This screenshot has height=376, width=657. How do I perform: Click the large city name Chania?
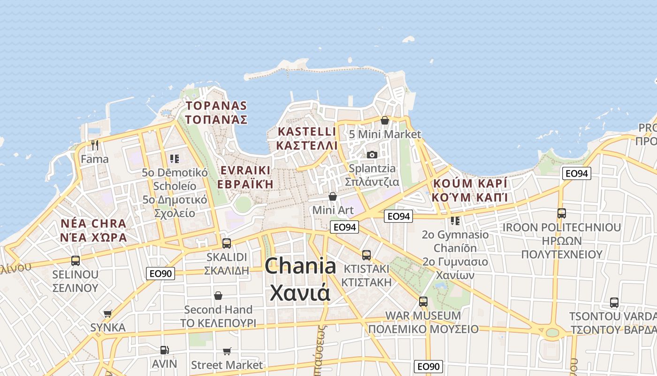pyautogui.click(x=300, y=266)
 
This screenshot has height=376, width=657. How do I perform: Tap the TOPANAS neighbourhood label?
pyautogui.click(x=216, y=112)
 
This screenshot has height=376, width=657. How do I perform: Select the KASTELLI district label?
pyautogui.click(x=306, y=138)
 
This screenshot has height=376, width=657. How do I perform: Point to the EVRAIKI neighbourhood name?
pyautogui.click(x=245, y=177)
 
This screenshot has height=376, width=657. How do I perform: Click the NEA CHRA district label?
pyautogui.click(x=93, y=230)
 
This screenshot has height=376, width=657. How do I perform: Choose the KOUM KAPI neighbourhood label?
pyautogui.click(x=470, y=190)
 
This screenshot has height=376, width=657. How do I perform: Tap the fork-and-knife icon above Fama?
pyautogui.click(x=95, y=145)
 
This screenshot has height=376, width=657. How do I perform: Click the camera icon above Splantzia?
pyautogui.click(x=372, y=155)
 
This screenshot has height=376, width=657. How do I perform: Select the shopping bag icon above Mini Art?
pyautogui.click(x=333, y=196)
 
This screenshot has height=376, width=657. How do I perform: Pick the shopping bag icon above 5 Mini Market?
pyautogui.click(x=385, y=121)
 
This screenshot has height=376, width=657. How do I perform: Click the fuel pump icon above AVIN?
pyautogui.click(x=164, y=350)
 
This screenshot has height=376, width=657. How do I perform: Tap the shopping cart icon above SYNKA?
pyautogui.click(x=108, y=313)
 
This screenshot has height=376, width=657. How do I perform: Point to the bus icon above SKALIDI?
pyautogui.click(x=227, y=243)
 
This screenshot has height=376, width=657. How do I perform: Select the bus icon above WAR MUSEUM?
pyautogui.click(x=423, y=301)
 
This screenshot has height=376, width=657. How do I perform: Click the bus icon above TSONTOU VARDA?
pyautogui.click(x=614, y=302)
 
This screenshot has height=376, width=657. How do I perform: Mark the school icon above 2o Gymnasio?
pyautogui.click(x=455, y=220)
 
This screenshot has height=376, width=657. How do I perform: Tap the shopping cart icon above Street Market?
pyautogui.click(x=227, y=351)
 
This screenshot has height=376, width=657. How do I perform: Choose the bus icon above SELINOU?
pyautogui.click(x=75, y=260)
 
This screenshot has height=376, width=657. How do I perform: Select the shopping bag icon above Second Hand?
pyautogui.click(x=218, y=296)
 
